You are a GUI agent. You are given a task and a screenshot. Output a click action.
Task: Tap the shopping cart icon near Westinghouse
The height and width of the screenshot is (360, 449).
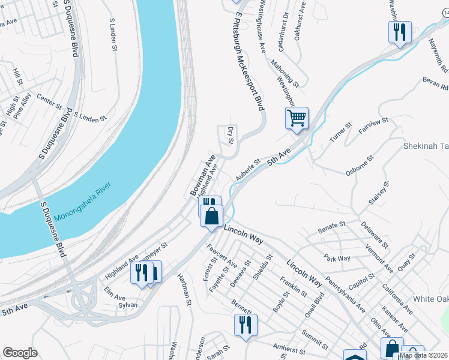pos(297,118)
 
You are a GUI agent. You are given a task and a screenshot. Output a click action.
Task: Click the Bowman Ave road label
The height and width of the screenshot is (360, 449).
pos(203,174)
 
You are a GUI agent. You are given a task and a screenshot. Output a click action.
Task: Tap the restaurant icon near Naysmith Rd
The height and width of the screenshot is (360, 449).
pos(400,32)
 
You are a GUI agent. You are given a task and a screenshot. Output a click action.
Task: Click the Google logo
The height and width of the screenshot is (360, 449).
pos(20,353)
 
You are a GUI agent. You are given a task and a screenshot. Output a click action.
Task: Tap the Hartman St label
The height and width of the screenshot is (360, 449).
pos(184,290)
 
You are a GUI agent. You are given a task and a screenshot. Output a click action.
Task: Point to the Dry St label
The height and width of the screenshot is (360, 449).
pos(231,136)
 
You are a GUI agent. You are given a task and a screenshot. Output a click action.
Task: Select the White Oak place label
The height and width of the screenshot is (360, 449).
pos(430,299)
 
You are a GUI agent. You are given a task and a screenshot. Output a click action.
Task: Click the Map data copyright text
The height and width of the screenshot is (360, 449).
pos(423,355)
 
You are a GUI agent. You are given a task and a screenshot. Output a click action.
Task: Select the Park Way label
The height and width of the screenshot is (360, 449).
pos(336,258)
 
